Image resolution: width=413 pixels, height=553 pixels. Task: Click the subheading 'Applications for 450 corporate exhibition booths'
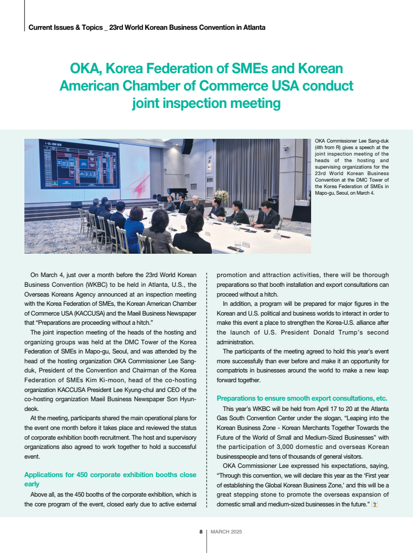(x=110, y=474)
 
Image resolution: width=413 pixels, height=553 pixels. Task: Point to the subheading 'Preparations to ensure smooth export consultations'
(x=302, y=397)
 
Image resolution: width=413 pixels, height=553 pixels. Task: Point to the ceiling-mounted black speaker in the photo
(x=188, y=146)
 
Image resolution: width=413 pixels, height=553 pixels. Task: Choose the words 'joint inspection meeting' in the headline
(x=206, y=102)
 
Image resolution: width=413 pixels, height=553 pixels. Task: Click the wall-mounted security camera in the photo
(x=286, y=148)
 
